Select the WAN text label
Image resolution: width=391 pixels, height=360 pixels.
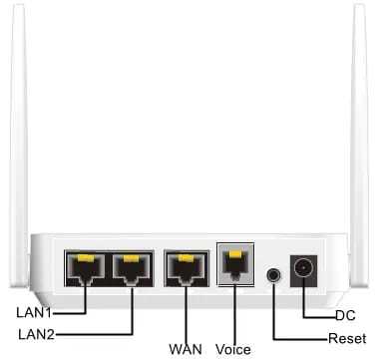tap(186, 349)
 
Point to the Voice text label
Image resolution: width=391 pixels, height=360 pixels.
tap(233, 349)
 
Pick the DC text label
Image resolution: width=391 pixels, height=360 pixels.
tap(345, 315)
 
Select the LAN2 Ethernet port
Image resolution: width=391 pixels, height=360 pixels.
tap(131, 267)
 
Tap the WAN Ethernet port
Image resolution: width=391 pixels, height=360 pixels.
tap(185, 267)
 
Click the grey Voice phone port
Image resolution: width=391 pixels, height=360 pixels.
tap(235, 265)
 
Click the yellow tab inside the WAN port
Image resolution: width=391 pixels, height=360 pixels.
tap(185, 259)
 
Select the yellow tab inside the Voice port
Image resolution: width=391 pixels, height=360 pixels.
tap(235, 257)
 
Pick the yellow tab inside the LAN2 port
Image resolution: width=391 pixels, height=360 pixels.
tap(131, 259)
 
